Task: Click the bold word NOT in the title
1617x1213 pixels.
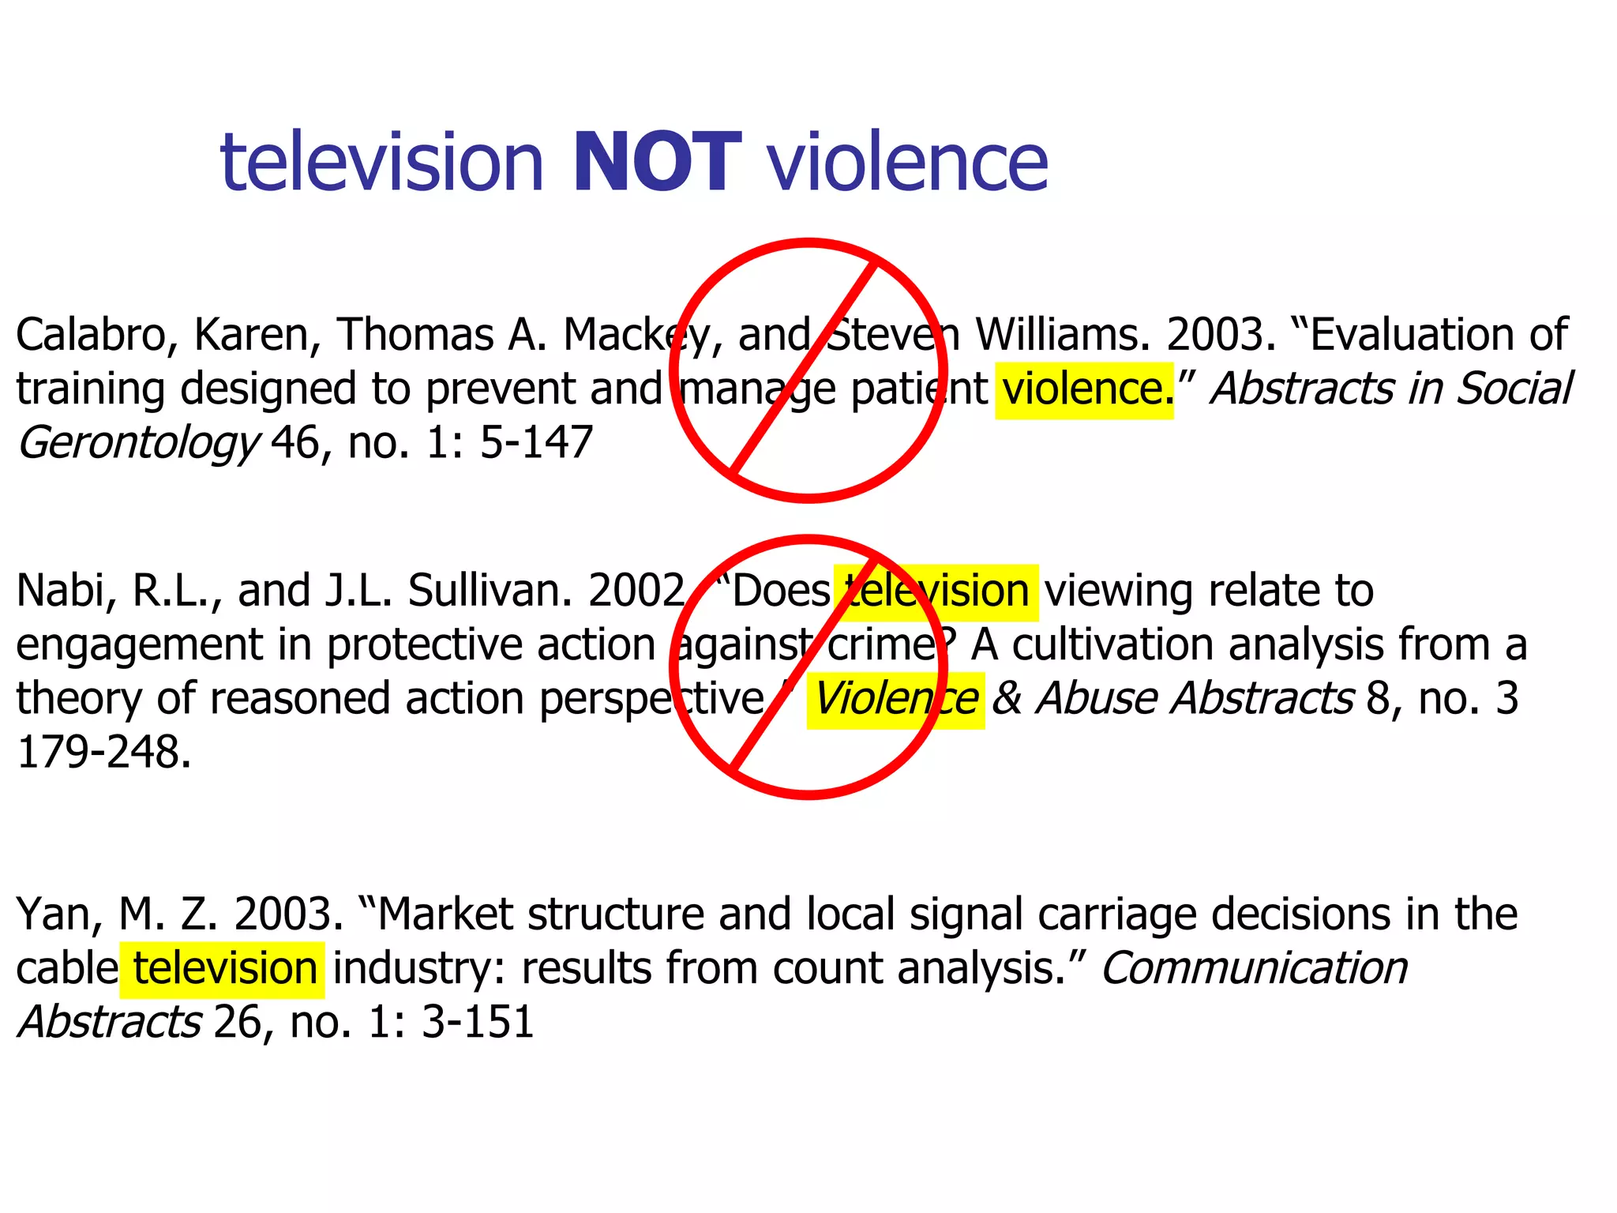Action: [x=657, y=163]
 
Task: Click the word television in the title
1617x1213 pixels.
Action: [x=382, y=163]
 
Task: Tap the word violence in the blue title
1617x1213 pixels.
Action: [x=908, y=163]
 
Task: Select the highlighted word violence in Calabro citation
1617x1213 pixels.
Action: [x=1083, y=389]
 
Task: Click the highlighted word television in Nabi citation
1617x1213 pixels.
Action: [x=936, y=591]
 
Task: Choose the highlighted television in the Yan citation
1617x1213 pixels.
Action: [x=224, y=969]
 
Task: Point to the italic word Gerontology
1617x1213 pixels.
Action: [x=137, y=443]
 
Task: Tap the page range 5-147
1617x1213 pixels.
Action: [x=536, y=442]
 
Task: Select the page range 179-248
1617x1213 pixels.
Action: [x=103, y=753]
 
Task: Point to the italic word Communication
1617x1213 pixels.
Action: [x=1254, y=969]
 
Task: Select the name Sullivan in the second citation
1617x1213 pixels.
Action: [x=490, y=591]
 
